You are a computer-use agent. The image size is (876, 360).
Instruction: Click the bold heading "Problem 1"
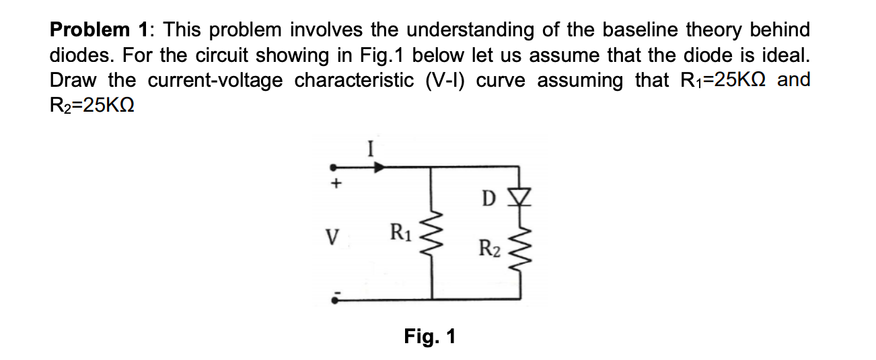100,30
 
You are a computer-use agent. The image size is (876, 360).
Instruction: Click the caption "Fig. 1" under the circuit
429,335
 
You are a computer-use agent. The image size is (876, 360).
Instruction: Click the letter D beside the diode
490,199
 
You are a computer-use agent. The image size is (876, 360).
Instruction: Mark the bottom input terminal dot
332,299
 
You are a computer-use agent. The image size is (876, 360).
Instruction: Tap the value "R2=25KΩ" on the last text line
93,106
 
